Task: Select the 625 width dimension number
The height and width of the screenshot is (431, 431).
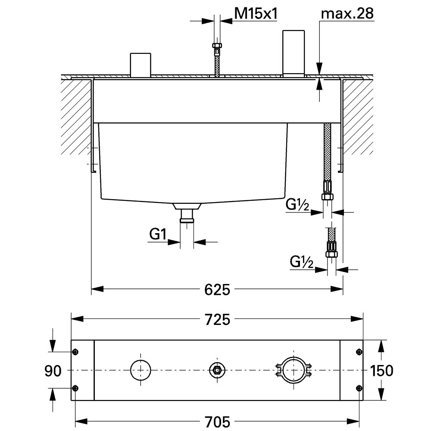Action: (217, 289)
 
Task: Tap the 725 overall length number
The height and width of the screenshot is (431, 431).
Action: (217, 319)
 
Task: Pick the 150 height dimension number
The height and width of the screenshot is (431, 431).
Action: (381, 371)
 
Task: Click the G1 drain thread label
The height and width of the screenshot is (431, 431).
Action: (158, 235)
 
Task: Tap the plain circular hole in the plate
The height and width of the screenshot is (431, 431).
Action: (141, 370)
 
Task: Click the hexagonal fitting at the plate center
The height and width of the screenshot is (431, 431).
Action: (216, 370)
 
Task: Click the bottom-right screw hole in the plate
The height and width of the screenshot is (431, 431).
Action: (359, 388)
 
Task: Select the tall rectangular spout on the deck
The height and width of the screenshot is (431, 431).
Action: (294, 53)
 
